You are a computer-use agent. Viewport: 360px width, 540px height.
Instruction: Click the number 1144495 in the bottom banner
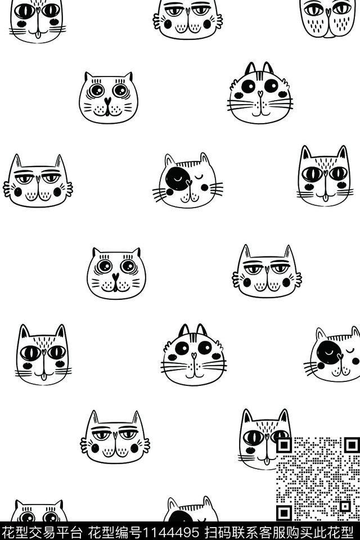(x=170, y=532)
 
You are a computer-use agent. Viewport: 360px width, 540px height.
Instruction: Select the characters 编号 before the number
(x=128, y=532)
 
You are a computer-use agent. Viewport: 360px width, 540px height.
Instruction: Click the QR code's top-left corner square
(x=284, y=445)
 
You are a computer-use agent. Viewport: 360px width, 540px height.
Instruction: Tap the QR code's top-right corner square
(x=352, y=445)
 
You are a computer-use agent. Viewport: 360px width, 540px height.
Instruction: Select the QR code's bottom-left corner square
(x=284, y=513)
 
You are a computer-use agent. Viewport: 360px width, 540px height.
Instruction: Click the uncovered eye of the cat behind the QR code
(x=253, y=438)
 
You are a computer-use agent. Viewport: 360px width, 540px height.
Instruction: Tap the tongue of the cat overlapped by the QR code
(x=265, y=461)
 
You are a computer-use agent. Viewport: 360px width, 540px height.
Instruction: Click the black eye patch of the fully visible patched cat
(x=178, y=179)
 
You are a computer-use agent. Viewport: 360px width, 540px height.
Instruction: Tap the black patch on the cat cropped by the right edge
(x=329, y=354)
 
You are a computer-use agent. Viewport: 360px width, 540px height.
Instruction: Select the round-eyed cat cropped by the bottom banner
(x=39, y=511)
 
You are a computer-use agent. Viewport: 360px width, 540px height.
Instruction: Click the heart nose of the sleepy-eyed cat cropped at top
(x=188, y=11)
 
